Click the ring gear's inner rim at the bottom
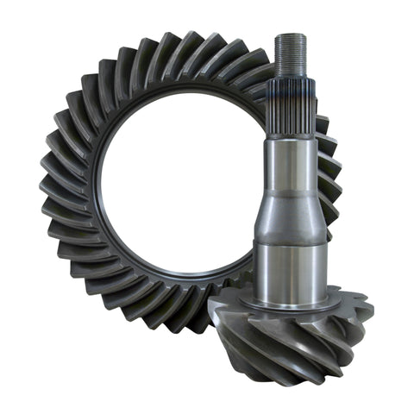[x=172, y=281]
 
